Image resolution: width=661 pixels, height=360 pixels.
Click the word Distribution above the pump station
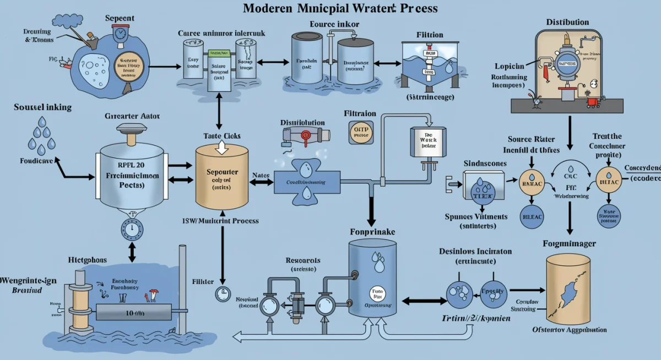pos(567,22)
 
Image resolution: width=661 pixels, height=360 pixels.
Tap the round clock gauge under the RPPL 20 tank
pos(131,228)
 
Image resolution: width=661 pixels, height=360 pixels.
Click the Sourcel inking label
pos(42,107)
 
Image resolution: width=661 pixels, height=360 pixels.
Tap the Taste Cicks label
pos(222,136)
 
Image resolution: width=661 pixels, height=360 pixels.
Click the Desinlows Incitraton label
pos(475,251)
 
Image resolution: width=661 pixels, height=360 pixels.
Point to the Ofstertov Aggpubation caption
pos(570,330)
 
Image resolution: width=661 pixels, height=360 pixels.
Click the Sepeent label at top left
pos(120,19)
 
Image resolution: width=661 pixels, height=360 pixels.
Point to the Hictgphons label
pos(88,259)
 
